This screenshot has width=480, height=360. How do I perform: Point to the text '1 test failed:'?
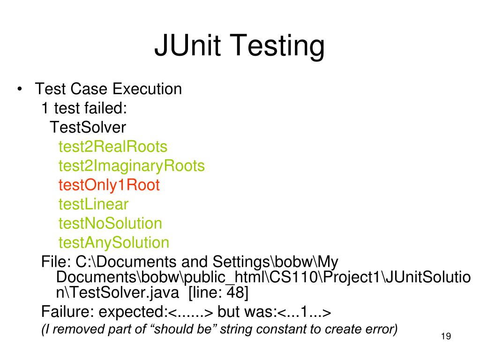[x=84, y=108]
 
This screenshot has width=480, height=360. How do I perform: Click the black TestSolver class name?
[x=88, y=127]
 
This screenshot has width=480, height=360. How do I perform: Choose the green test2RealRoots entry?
[x=112, y=147]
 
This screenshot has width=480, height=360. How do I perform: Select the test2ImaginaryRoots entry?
[x=131, y=166]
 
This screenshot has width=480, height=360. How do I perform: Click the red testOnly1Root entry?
[x=109, y=185]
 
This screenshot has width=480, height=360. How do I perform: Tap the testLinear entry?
[x=93, y=204]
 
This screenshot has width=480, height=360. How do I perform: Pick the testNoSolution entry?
[x=110, y=224]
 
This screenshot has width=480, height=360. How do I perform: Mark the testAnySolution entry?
[x=113, y=243]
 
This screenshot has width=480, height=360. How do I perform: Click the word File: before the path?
[x=56, y=262]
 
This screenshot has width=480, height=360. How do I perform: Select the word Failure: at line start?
[x=68, y=311]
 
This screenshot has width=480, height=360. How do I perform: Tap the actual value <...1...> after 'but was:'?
[x=305, y=312]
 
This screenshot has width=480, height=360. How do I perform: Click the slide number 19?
[x=446, y=337]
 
